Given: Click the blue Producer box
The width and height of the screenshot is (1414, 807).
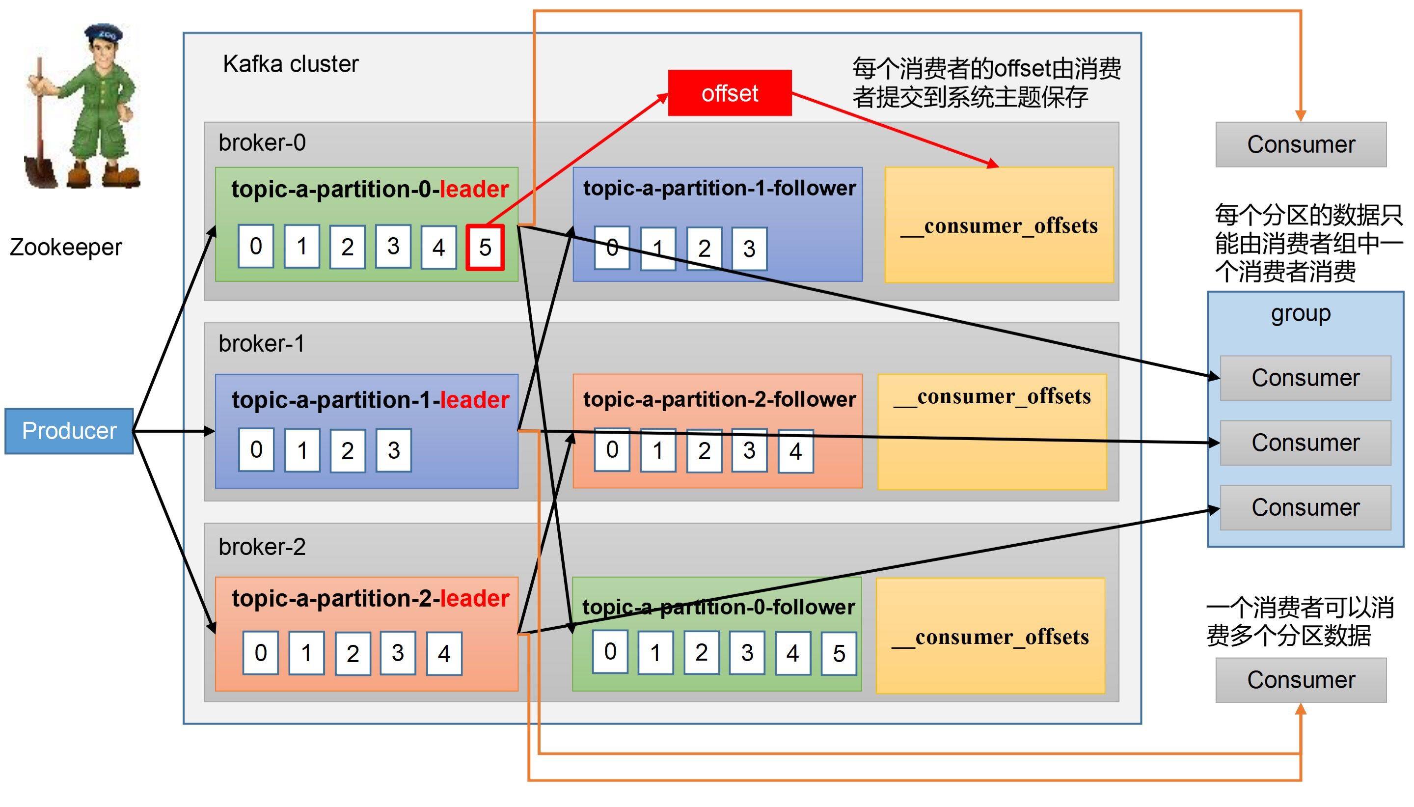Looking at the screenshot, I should click(69, 431).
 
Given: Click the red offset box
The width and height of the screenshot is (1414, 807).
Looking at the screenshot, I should click(730, 93).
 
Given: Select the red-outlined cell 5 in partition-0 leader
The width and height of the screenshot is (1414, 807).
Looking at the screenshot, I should click(485, 247).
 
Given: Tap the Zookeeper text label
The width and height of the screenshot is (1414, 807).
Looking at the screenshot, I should click(65, 247).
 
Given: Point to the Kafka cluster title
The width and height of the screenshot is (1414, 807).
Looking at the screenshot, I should click(291, 64).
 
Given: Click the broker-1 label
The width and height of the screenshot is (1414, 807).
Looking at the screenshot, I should click(261, 344).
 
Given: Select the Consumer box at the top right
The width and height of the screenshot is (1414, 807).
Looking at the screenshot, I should click(1301, 145).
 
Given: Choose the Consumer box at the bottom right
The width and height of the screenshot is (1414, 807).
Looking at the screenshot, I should click(1301, 680).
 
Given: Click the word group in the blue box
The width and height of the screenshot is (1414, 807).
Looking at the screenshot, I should click(1301, 314).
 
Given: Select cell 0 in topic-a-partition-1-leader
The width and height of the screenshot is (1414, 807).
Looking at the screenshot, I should click(256, 450).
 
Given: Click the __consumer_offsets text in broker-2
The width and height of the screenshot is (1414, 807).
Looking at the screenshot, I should click(990, 638).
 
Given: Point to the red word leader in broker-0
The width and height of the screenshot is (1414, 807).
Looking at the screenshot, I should click(474, 190).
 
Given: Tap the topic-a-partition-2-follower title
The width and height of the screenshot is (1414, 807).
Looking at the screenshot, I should click(719, 399).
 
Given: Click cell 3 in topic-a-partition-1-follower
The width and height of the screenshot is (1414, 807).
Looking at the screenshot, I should click(749, 249).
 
